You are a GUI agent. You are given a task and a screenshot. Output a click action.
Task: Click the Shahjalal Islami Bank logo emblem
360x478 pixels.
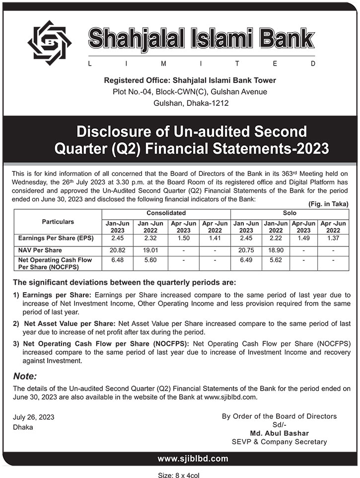click(49, 42)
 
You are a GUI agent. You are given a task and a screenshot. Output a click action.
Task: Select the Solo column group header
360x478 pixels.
click(289, 213)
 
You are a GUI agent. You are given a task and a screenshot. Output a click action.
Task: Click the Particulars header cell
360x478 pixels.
click(58, 222)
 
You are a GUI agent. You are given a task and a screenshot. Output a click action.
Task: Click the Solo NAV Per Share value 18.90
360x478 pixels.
click(276, 250)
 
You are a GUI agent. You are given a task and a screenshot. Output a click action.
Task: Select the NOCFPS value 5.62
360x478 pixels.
click(276, 260)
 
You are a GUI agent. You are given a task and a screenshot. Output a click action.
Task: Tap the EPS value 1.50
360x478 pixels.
click(183, 239)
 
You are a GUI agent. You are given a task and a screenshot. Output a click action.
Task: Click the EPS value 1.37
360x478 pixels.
click(333, 239)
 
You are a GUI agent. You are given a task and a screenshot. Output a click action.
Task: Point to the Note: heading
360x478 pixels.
click(25, 376)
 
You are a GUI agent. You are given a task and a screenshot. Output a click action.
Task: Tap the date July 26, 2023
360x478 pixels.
click(34, 417)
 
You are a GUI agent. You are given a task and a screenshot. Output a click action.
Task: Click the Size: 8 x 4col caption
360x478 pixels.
click(179, 475)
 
